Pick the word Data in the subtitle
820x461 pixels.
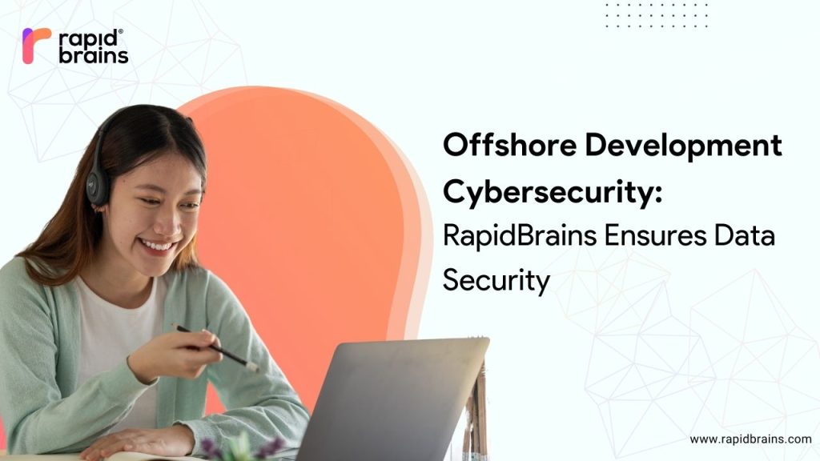tap(746, 239)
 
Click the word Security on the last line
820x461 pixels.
tap(496, 281)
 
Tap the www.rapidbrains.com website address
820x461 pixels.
tap(750, 439)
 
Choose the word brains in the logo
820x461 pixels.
tap(94, 56)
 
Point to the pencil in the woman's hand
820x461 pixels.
tap(216, 347)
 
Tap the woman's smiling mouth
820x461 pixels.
tap(156, 245)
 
